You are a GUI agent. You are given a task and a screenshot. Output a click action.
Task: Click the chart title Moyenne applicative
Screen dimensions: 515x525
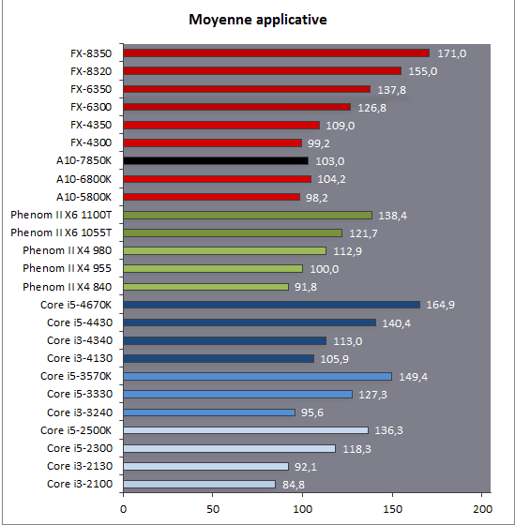click(x=258, y=20)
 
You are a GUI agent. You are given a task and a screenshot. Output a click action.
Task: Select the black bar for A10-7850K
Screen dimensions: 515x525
click(x=216, y=160)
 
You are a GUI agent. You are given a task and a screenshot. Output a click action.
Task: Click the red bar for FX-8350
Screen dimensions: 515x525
click(x=277, y=53)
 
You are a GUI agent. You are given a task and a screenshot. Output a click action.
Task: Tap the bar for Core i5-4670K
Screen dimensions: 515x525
click(x=272, y=305)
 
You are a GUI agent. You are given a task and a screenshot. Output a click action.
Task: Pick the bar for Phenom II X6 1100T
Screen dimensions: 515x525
click(x=248, y=215)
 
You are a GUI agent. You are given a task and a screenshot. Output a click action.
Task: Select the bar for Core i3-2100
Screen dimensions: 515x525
click(x=200, y=484)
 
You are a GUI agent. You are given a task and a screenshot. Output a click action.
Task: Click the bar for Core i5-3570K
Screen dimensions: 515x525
click(x=258, y=376)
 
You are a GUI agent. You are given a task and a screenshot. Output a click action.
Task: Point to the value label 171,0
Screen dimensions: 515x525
click(x=451, y=53)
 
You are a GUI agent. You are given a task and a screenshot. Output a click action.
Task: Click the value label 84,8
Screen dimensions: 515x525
click(x=294, y=485)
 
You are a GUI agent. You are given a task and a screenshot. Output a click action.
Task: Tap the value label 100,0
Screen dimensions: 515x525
click(x=324, y=269)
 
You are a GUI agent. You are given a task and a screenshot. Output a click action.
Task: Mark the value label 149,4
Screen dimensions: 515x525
click(x=413, y=377)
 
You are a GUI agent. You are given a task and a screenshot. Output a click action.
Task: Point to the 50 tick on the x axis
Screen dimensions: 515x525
click(x=213, y=509)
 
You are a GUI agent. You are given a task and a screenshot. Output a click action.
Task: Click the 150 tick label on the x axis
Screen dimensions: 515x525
click(x=392, y=509)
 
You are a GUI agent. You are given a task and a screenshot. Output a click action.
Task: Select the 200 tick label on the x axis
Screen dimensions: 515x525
click(x=482, y=509)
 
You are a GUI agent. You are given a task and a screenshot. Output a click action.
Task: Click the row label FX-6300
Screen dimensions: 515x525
click(x=91, y=107)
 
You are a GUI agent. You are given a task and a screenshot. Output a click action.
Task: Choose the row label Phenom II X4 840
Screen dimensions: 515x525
click(x=67, y=287)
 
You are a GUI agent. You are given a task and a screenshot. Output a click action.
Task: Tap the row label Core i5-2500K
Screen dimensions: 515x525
click(x=76, y=430)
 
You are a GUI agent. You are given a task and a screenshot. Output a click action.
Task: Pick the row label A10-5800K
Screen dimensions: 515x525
click(x=83, y=197)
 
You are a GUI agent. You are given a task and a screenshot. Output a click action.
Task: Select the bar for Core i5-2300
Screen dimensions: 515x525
click(x=230, y=448)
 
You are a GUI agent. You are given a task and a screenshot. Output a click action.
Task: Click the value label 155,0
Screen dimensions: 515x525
click(x=422, y=71)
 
